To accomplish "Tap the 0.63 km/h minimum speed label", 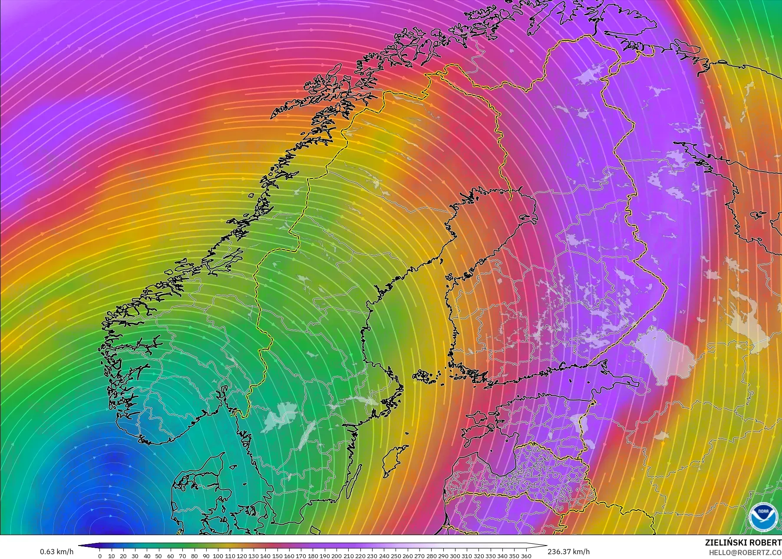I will click(56, 552).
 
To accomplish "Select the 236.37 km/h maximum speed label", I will click(568, 552).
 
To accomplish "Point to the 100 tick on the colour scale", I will click(218, 556).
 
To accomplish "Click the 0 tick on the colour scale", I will click(100, 556).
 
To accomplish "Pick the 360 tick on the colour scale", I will click(526, 556).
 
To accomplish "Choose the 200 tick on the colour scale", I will click(337, 556).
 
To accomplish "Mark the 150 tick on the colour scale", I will click(277, 556).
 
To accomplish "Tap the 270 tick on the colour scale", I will click(419, 556).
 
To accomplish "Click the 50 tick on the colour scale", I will click(159, 556).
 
